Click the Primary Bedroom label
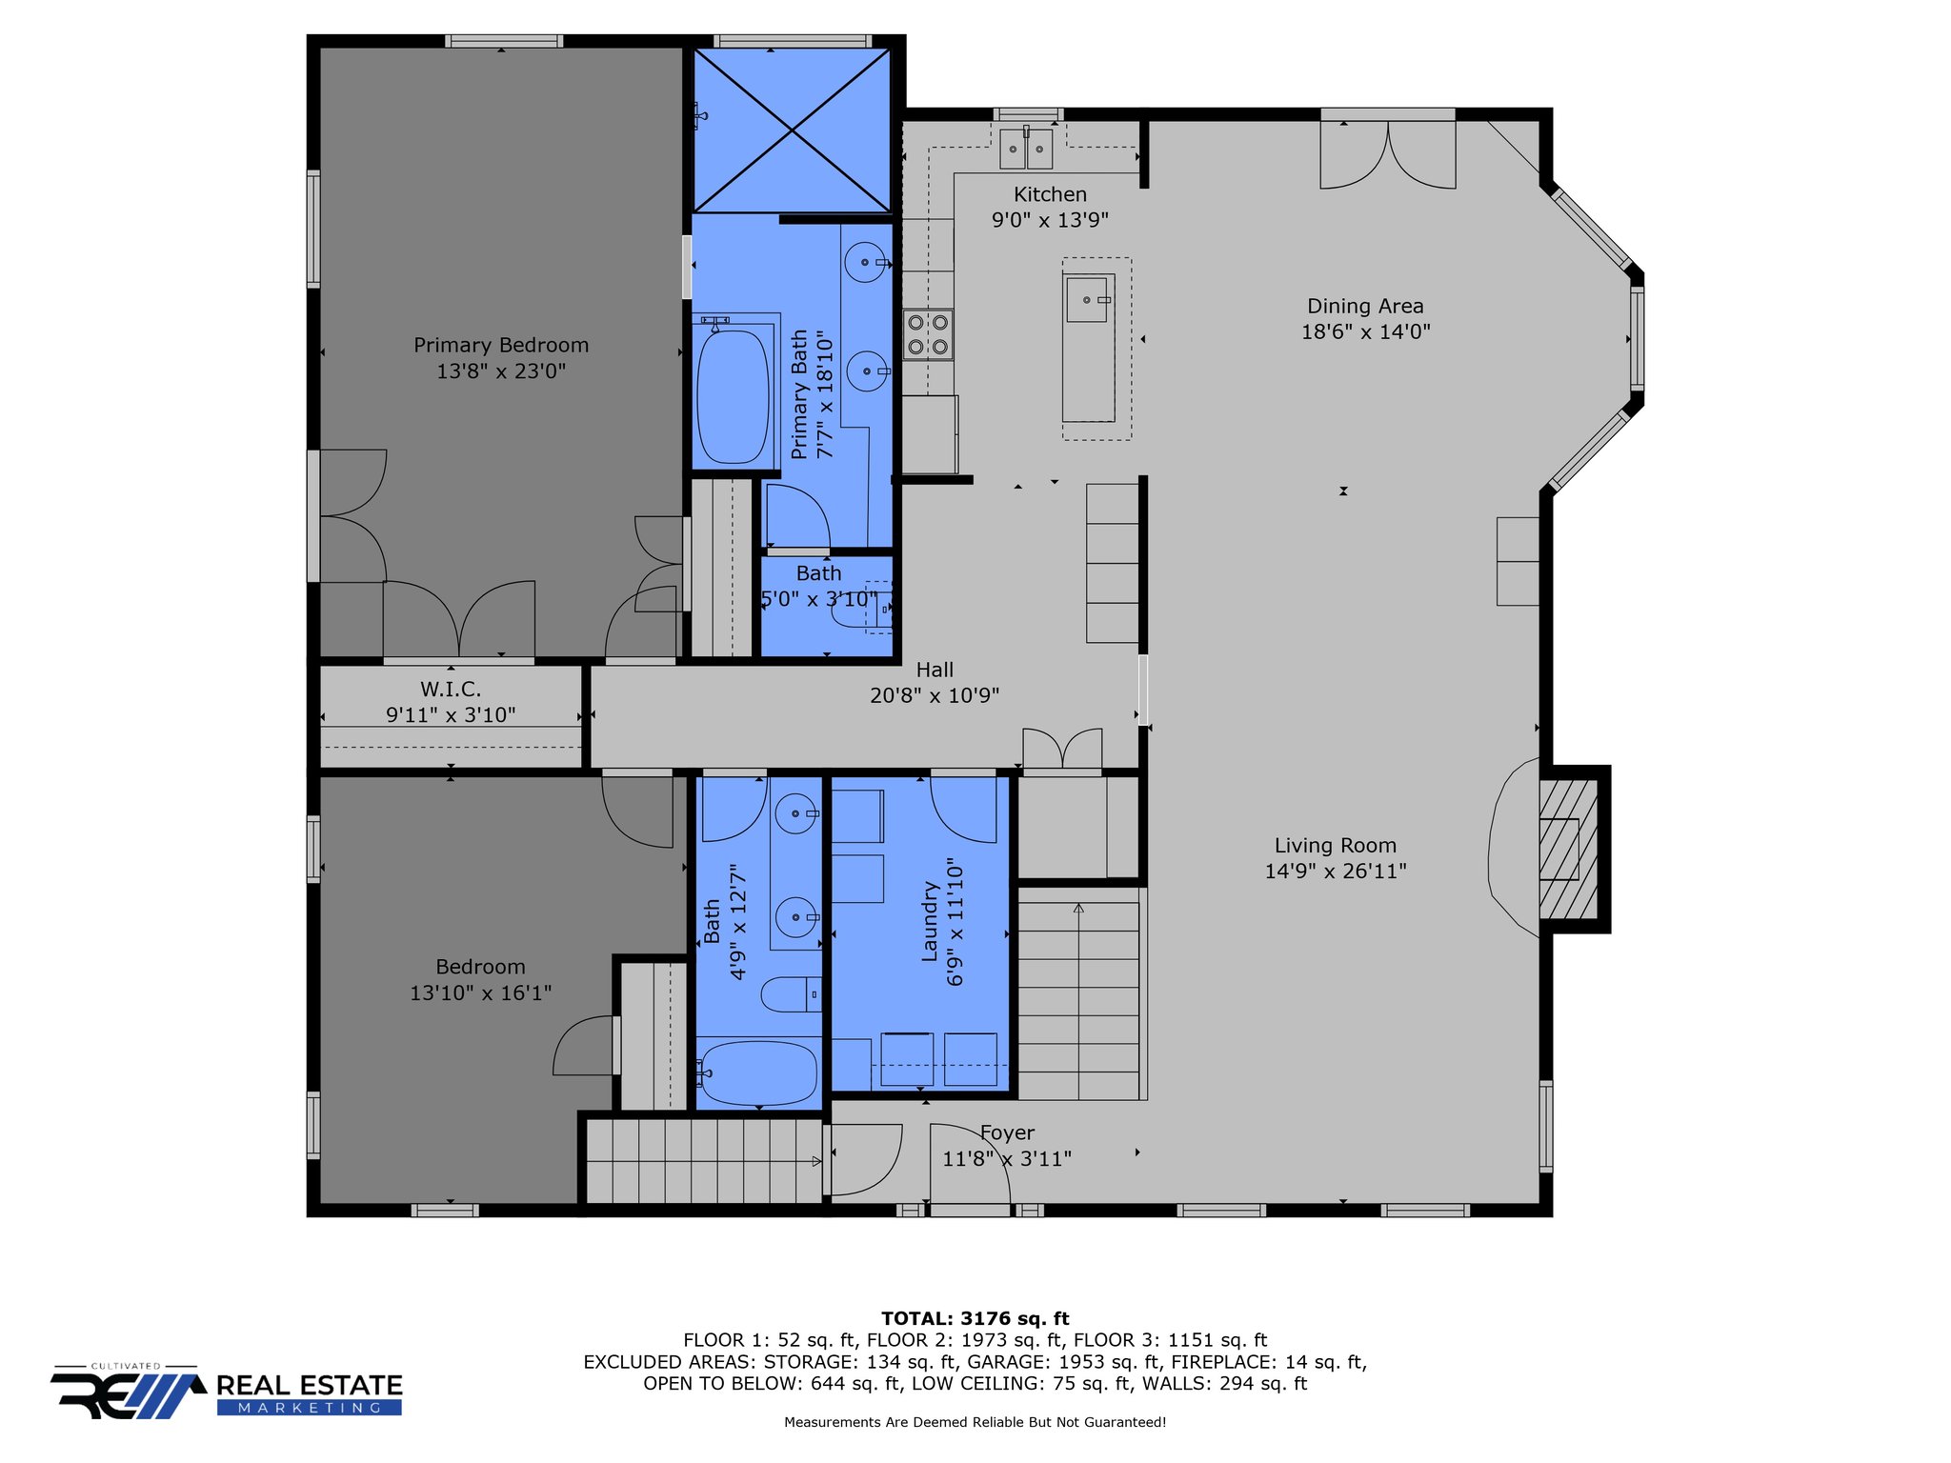[x=501, y=345]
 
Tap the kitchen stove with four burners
[x=928, y=334]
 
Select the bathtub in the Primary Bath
[x=733, y=397]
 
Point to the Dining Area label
[x=1365, y=306]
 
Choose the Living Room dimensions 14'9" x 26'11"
[x=1336, y=871]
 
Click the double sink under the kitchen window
[x=1026, y=149]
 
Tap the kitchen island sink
[x=1087, y=300]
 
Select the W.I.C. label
[x=451, y=689]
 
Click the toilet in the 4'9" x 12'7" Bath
[x=791, y=994]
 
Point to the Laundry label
[x=930, y=921]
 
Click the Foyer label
[x=1007, y=1132]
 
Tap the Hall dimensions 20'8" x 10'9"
[x=935, y=695]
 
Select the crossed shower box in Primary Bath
[x=792, y=130]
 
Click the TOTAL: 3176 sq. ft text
[x=975, y=1318]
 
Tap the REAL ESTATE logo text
[x=310, y=1385]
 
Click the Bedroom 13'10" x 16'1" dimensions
[x=480, y=992]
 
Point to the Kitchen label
[x=1050, y=194]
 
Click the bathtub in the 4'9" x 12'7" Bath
[x=757, y=1073]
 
